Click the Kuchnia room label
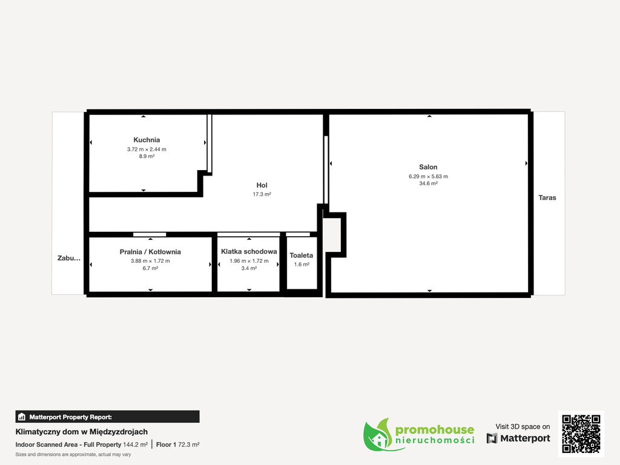[x=147, y=140]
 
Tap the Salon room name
[x=428, y=167]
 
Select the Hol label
[x=262, y=185]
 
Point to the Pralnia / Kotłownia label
[x=150, y=252]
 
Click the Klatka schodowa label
[x=249, y=251]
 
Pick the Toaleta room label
[x=302, y=256]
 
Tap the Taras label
[x=547, y=198]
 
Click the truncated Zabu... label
[x=69, y=258]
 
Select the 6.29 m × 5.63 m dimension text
[x=428, y=176]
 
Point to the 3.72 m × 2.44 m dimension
[x=147, y=150]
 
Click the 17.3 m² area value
[x=262, y=194]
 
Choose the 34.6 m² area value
[x=428, y=183]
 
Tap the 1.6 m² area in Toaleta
[x=302, y=265]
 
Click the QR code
[x=581, y=434]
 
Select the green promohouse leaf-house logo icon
[x=378, y=435]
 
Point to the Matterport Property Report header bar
[x=108, y=417]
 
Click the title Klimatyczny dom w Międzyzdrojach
[x=82, y=432]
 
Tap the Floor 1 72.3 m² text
[x=177, y=444]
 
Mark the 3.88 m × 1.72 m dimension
[x=150, y=261]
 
